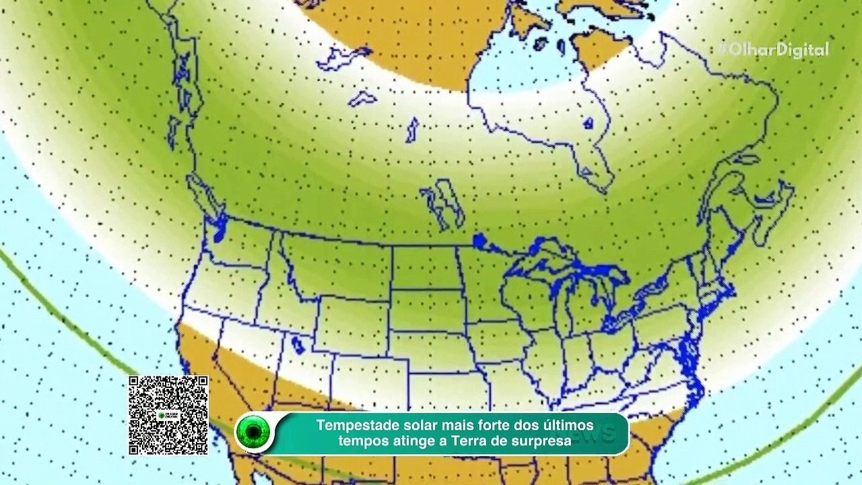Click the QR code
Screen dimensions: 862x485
tap(168, 415)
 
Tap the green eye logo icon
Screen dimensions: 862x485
tap(254, 432)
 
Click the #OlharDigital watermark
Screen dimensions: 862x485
tap(774, 49)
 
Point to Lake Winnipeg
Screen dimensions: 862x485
tap(444, 202)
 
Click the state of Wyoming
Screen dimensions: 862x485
tap(351, 317)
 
